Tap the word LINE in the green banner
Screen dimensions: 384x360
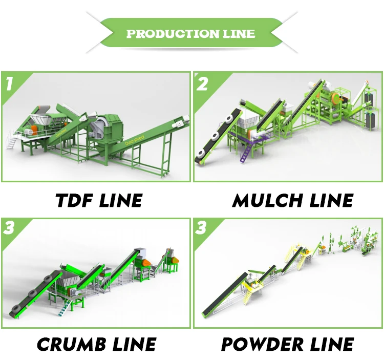click(x=236, y=34)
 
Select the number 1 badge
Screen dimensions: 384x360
click(x=10, y=83)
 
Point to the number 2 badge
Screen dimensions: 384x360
click(x=203, y=83)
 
